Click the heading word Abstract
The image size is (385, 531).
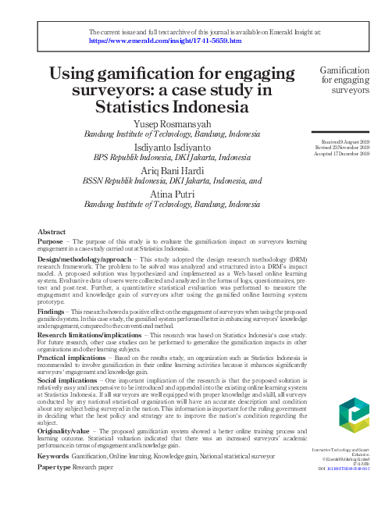(52, 233)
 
